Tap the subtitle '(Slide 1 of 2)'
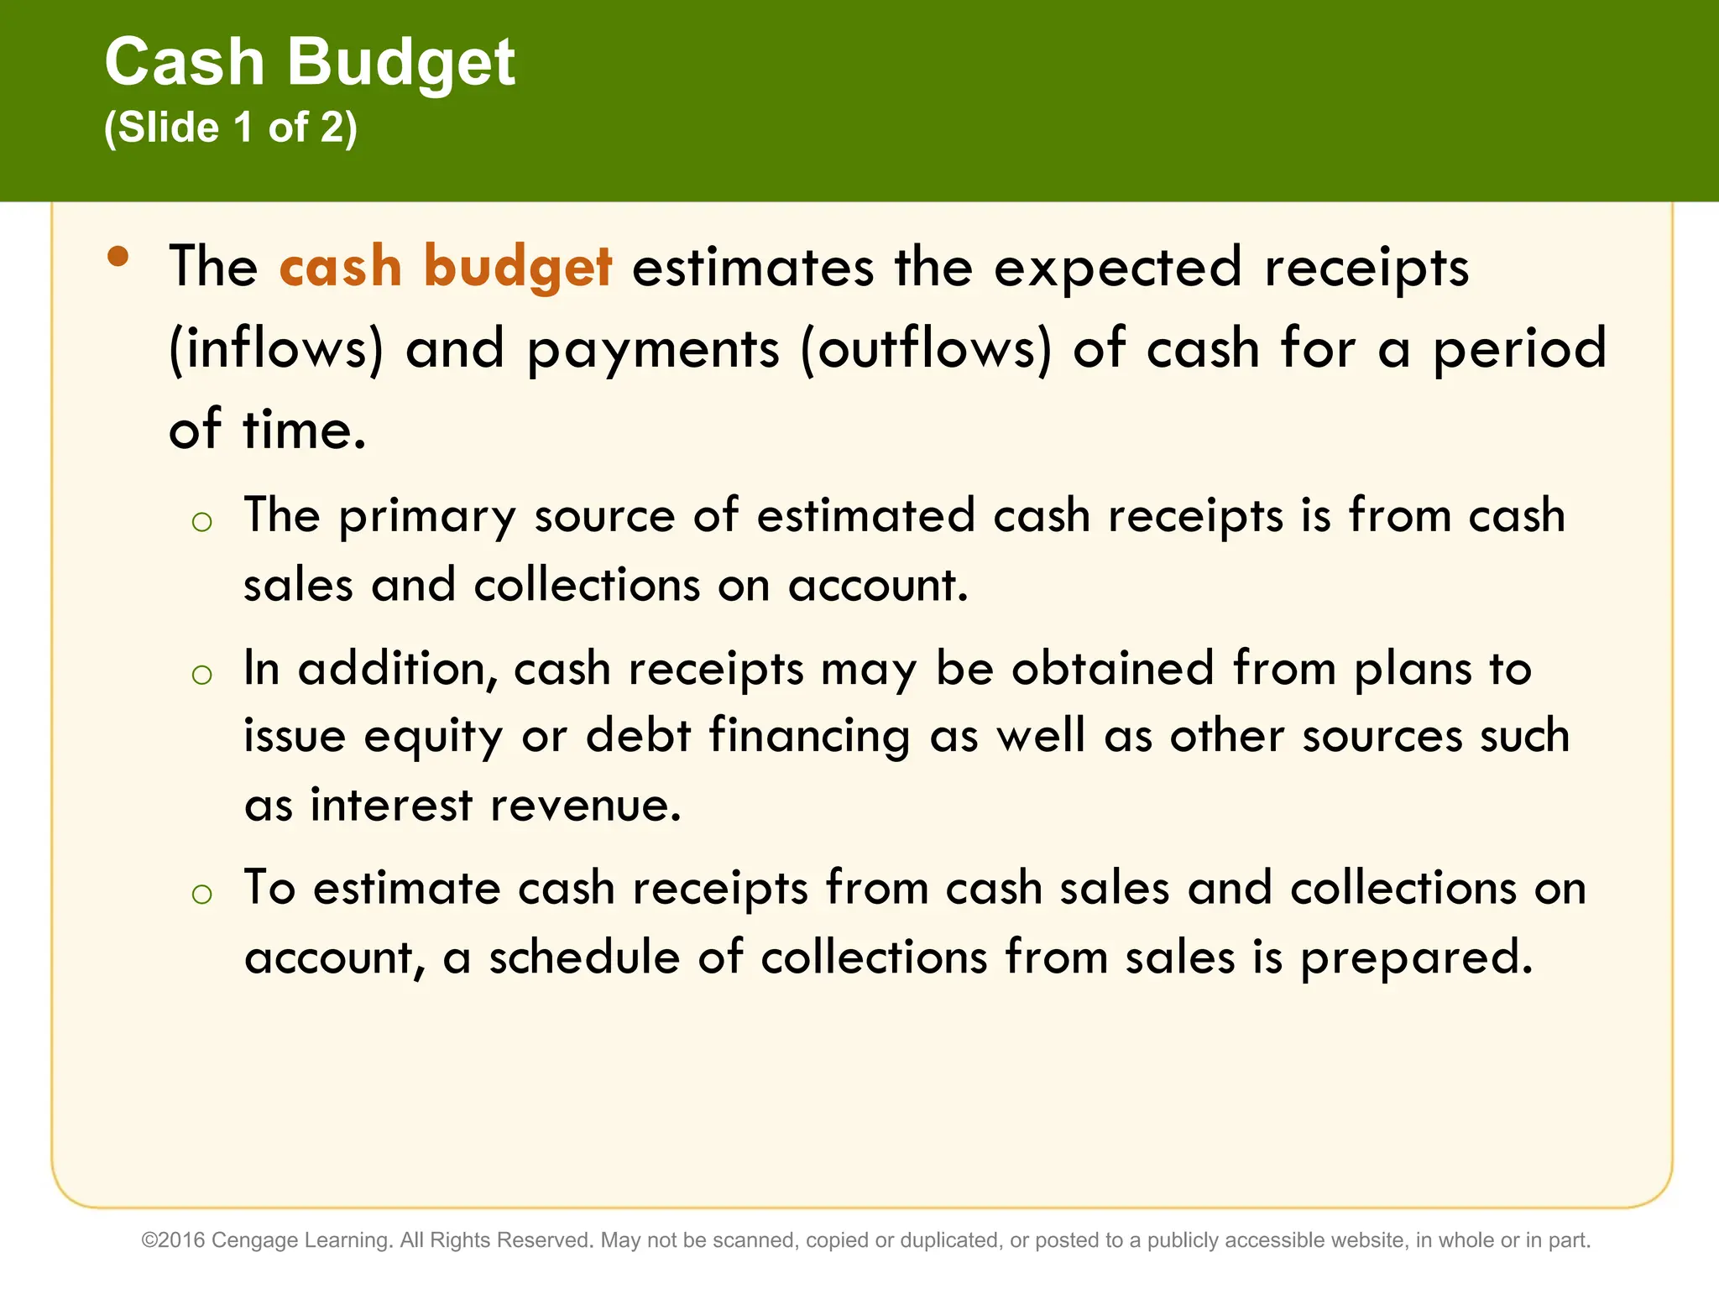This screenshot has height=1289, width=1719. click(231, 128)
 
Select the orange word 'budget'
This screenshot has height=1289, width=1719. click(518, 267)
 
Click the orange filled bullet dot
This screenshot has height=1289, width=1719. click(118, 256)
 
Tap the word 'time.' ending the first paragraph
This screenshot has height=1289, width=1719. click(304, 429)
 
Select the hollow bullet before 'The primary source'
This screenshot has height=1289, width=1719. click(201, 523)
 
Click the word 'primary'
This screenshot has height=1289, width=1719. click(427, 516)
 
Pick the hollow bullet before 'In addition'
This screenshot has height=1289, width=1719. click(201, 674)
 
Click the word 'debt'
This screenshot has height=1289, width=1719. click(638, 735)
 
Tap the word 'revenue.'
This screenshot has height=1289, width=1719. click(586, 805)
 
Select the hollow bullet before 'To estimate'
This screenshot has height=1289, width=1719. click(201, 894)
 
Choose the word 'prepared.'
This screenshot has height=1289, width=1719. click(1417, 958)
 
